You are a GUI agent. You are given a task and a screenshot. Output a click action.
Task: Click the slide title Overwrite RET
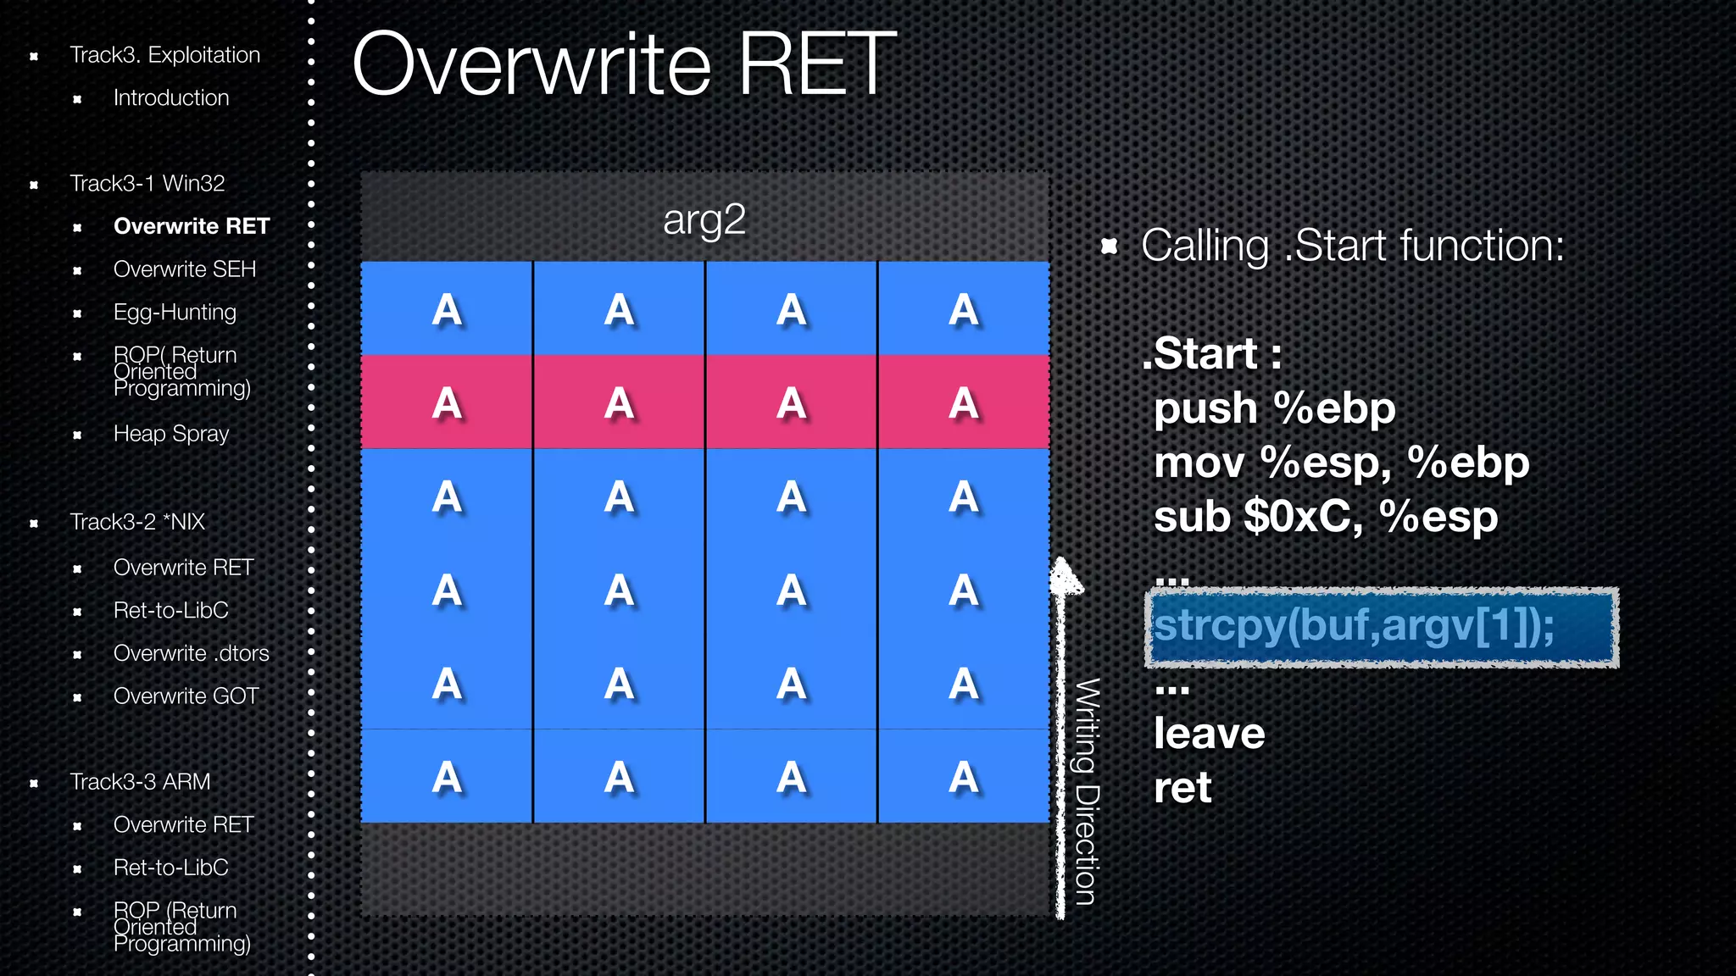(624, 64)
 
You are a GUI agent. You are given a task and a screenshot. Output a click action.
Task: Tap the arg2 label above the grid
(704, 220)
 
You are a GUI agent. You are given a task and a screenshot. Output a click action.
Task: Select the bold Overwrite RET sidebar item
(191, 226)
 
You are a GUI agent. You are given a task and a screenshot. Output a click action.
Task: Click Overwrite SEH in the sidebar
(184, 269)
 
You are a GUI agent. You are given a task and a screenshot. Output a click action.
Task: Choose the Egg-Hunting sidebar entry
(175, 313)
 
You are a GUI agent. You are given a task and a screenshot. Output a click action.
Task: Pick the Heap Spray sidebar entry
(171, 434)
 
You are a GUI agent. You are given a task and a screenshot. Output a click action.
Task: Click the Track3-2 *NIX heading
(137, 522)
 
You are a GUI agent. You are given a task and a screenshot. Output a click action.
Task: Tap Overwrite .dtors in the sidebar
(191, 653)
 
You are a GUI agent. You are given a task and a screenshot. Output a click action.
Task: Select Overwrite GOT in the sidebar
(186, 696)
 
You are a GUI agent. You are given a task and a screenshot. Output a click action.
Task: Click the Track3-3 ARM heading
(140, 782)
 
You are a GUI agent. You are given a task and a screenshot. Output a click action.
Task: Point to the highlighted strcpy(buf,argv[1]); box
(1382, 627)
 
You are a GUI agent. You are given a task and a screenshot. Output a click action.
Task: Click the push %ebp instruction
(1274, 409)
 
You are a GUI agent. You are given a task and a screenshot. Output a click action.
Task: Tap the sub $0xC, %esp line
(1325, 517)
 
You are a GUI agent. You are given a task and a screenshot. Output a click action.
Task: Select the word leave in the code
(1209, 734)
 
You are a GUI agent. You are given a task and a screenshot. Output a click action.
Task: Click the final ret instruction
(1182, 788)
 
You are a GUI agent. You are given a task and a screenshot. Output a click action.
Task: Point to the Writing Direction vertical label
(1088, 792)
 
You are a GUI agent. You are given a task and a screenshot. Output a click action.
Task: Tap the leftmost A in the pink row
(447, 403)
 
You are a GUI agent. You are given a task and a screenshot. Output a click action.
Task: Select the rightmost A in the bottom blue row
(964, 777)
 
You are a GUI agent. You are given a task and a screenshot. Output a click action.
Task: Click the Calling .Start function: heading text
(1352, 247)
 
